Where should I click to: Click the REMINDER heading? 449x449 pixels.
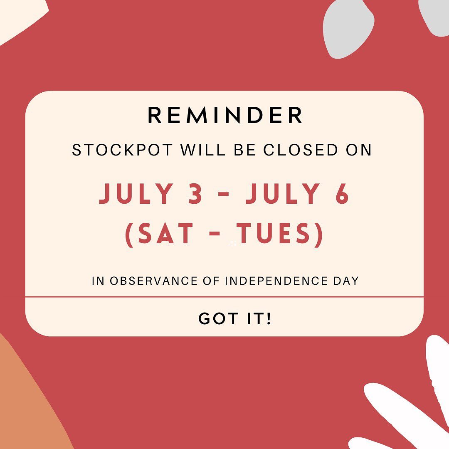[x=225, y=115]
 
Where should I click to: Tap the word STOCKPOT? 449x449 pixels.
[x=123, y=150]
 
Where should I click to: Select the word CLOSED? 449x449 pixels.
[x=301, y=150]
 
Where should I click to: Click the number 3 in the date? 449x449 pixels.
[x=195, y=193]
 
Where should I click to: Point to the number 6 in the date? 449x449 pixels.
[x=342, y=193]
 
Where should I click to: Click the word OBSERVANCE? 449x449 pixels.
[x=153, y=281]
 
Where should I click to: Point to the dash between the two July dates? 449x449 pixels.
[x=224, y=194]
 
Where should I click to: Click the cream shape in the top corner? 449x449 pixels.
[x=20, y=17]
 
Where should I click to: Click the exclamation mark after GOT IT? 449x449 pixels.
[x=268, y=318]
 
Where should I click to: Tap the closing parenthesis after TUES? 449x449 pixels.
[x=318, y=235]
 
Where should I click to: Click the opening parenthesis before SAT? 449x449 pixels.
[x=129, y=235]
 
